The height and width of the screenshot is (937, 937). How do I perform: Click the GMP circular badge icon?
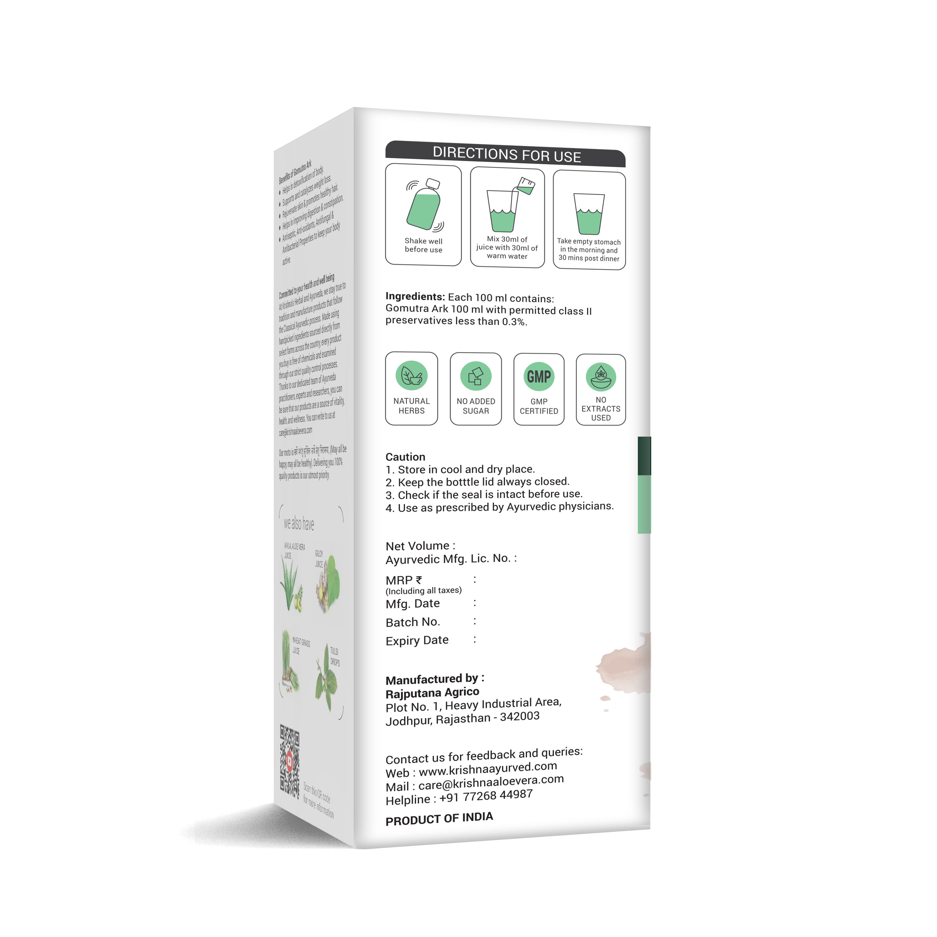tap(539, 377)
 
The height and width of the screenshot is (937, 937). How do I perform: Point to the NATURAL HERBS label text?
tap(411, 406)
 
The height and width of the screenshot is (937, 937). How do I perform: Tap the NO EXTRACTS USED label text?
tap(601, 409)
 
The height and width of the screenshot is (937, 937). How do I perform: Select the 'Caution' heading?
tap(405, 457)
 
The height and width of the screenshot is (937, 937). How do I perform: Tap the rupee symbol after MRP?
tap(419, 579)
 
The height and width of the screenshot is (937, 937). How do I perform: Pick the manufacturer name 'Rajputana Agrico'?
tap(432, 693)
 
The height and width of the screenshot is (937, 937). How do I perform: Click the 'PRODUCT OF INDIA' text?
tap(439, 819)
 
